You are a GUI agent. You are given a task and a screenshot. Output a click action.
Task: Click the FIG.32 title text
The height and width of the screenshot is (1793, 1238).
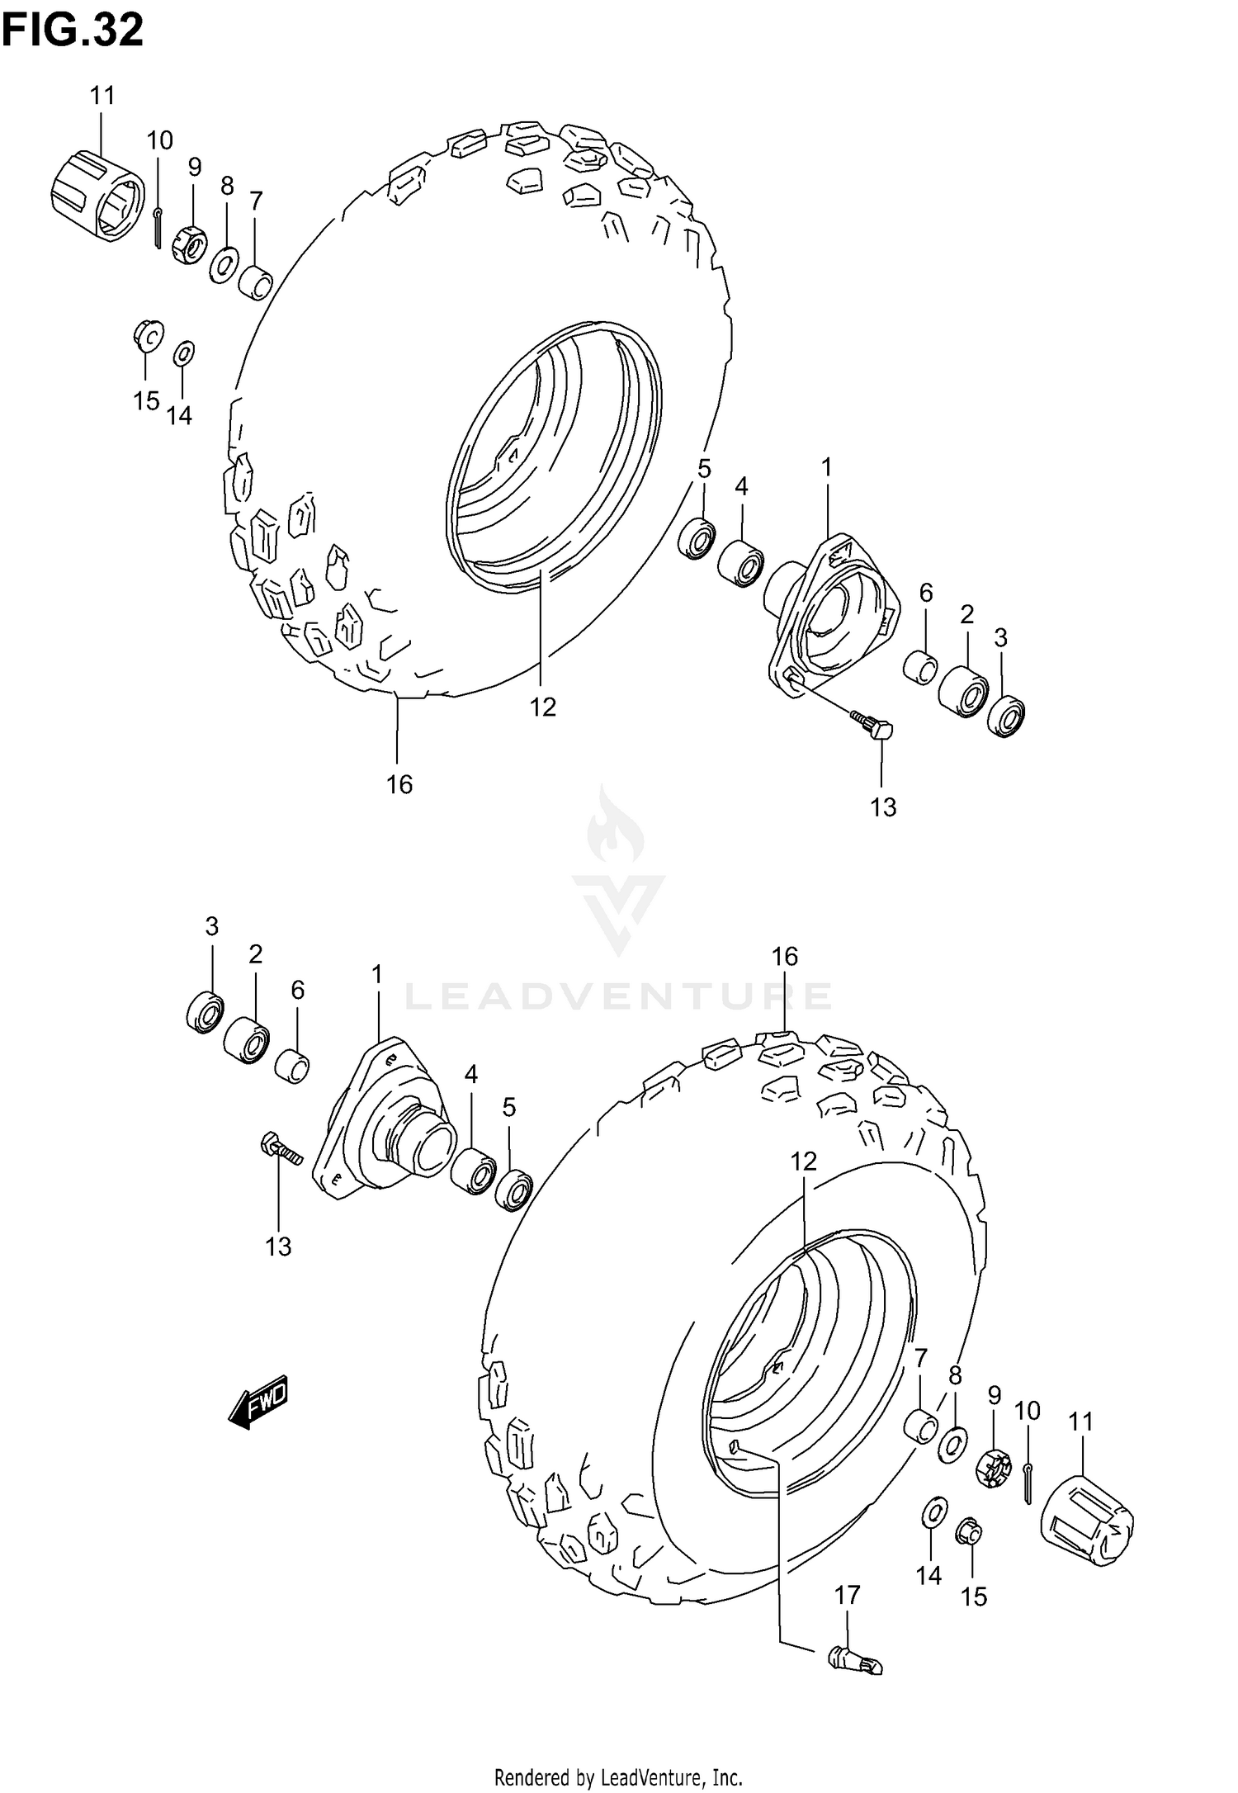point(73,31)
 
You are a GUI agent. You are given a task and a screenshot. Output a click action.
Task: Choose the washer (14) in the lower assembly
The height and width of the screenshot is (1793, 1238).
point(933,1513)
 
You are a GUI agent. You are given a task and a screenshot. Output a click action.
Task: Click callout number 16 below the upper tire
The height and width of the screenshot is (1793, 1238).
point(399,784)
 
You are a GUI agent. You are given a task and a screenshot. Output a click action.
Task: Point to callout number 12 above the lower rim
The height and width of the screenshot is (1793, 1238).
point(803,1162)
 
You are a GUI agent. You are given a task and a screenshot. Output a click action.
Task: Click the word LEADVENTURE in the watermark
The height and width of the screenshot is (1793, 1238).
point(618,996)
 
